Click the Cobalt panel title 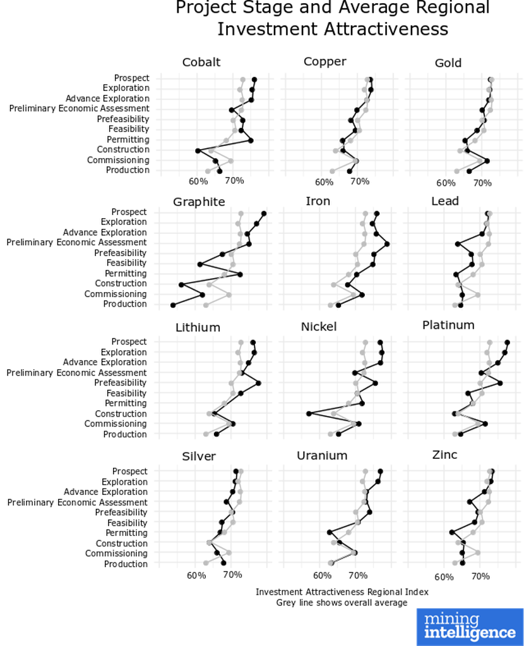[x=201, y=62]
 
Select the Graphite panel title [x=199, y=202]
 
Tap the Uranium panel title [x=322, y=456]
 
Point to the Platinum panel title [x=448, y=326]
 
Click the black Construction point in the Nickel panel [x=309, y=413]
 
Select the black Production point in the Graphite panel [x=173, y=305]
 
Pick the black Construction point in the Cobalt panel [x=198, y=150]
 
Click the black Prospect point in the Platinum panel [x=507, y=342]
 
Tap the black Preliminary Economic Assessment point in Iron [x=387, y=243]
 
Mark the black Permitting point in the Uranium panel [x=329, y=532]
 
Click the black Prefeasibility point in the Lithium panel [x=258, y=383]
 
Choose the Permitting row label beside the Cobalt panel [x=128, y=140]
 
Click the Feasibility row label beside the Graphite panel [x=126, y=263]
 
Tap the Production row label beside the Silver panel [x=126, y=564]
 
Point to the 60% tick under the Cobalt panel [x=198, y=181]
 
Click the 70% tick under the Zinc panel [x=480, y=576]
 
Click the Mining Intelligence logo [x=470, y=626]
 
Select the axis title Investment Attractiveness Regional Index [x=342, y=592]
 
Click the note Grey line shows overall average [x=342, y=603]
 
